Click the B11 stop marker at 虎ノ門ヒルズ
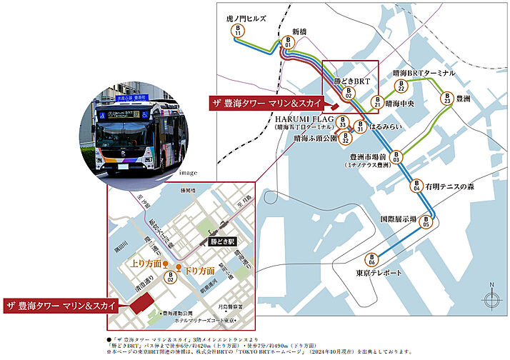[x=237, y=31]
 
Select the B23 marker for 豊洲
[x=447, y=99]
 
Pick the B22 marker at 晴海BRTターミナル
[x=401, y=86]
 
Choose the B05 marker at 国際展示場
[x=426, y=221]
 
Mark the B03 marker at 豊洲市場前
[x=396, y=156]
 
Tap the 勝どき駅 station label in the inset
[x=221, y=243]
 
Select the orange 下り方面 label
[x=200, y=271]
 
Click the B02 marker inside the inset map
[x=171, y=278]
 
